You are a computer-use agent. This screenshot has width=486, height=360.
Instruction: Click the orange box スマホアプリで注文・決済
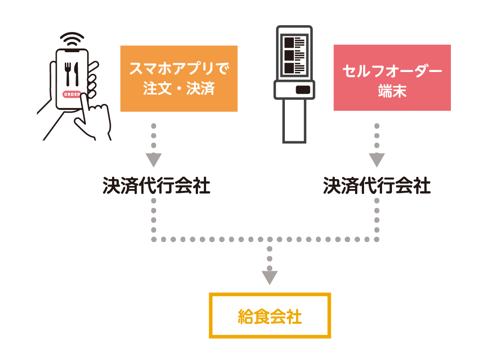click(x=179, y=78)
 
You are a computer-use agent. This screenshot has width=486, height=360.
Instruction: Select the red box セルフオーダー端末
click(x=392, y=78)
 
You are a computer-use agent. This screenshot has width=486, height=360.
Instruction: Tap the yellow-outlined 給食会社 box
click(x=270, y=316)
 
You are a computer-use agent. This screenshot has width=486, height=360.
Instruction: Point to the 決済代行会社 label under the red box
click(x=377, y=186)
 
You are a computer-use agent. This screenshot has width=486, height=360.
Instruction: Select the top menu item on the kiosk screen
click(x=294, y=43)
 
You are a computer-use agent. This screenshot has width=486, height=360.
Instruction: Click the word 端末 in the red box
click(x=392, y=91)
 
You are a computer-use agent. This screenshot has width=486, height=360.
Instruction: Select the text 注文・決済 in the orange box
click(x=179, y=89)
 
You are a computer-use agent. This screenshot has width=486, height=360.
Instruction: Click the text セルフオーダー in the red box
click(x=392, y=71)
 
